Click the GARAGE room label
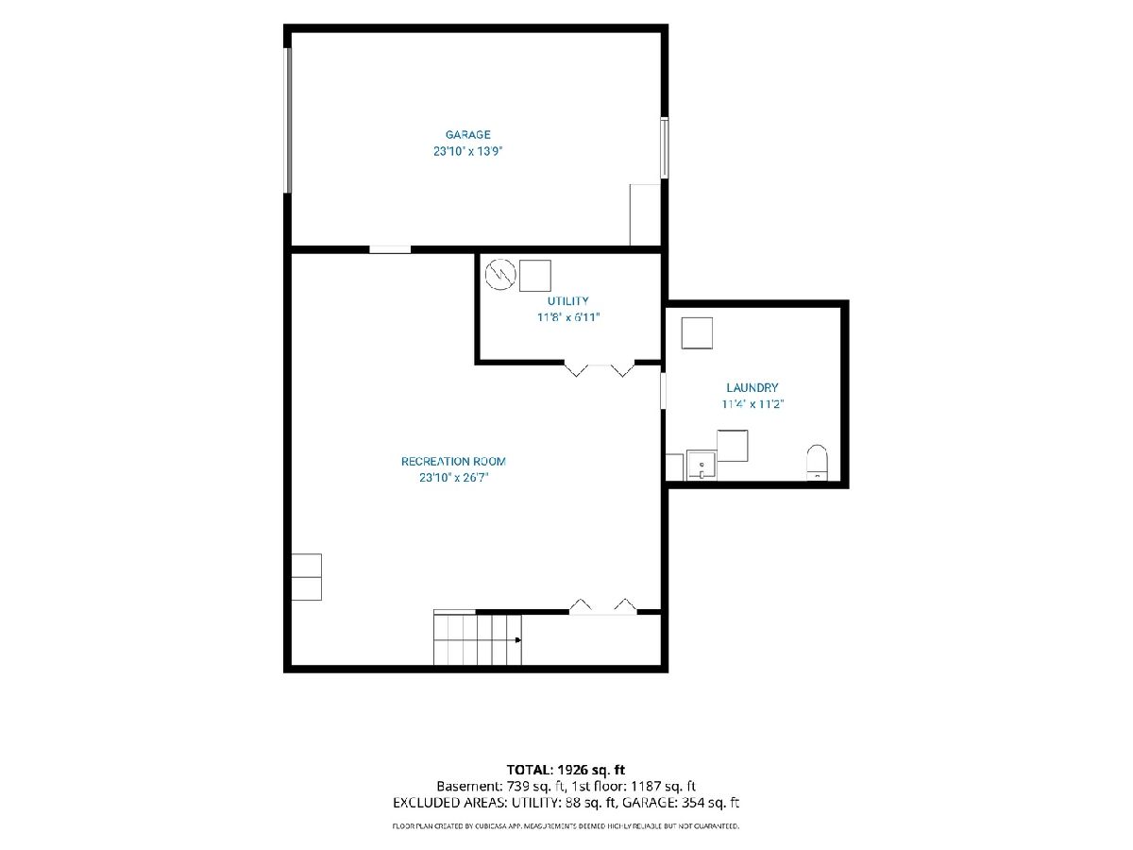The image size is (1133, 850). pyautogui.click(x=467, y=135)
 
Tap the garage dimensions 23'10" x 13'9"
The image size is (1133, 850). pyautogui.click(x=467, y=151)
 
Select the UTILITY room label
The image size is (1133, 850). pyautogui.click(x=567, y=301)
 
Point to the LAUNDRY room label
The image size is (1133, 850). pyautogui.click(x=753, y=387)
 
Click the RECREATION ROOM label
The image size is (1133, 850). pyautogui.click(x=453, y=462)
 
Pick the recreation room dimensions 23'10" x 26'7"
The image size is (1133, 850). pyautogui.click(x=453, y=478)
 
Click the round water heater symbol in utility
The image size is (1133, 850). pyautogui.click(x=500, y=274)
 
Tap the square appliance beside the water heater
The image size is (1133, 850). pyautogui.click(x=534, y=276)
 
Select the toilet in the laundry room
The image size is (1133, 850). pyautogui.click(x=817, y=463)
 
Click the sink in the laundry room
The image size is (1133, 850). pyautogui.click(x=702, y=465)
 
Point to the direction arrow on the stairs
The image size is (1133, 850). pyautogui.click(x=517, y=640)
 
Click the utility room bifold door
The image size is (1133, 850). pyautogui.click(x=599, y=368)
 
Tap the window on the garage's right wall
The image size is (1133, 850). pyautogui.click(x=665, y=148)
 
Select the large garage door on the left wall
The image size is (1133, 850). pyautogui.click(x=288, y=121)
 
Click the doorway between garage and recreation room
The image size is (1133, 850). pyautogui.click(x=390, y=249)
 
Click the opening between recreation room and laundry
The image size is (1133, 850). pyautogui.click(x=664, y=391)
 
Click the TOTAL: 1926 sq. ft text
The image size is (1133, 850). pyautogui.click(x=566, y=771)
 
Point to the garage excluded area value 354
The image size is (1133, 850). pyautogui.click(x=692, y=803)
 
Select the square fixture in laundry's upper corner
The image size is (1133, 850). pyautogui.click(x=697, y=332)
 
